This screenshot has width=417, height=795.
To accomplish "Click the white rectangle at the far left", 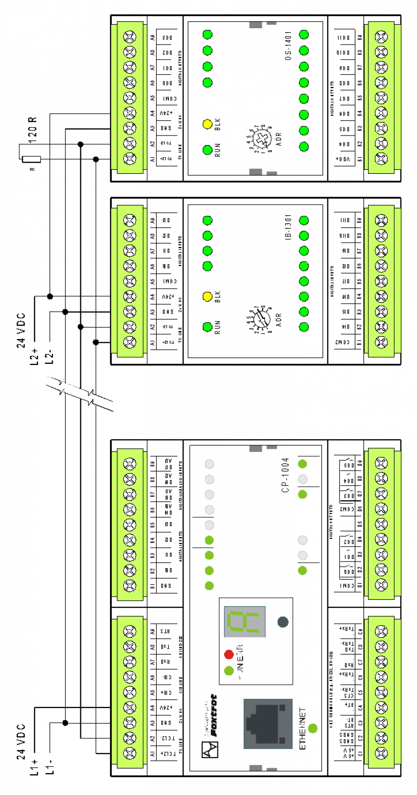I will click(x=31, y=159).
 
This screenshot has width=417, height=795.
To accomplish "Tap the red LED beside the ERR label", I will click(x=229, y=655).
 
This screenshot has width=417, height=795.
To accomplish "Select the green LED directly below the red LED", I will click(x=229, y=671).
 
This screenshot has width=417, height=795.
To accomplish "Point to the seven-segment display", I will click(x=245, y=622).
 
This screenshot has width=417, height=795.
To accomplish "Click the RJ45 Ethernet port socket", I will click(x=268, y=723).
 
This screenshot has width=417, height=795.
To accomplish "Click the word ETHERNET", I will click(x=303, y=728).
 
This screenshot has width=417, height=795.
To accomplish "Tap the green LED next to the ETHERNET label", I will click(x=313, y=728).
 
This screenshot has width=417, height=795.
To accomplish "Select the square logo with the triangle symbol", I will click(x=210, y=750).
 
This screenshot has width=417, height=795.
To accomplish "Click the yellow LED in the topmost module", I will click(x=207, y=124).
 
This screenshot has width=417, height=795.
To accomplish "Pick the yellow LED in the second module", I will click(x=207, y=297).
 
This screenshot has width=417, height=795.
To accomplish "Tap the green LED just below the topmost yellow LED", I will click(x=207, y=150).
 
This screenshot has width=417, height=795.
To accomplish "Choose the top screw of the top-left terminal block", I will click(x=130, y=37).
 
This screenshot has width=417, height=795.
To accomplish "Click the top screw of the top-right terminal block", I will click(x=381, y=37).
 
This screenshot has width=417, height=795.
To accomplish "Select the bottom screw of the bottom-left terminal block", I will click(x=130, y=753).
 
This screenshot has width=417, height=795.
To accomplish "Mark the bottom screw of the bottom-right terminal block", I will click(x=381, y=753).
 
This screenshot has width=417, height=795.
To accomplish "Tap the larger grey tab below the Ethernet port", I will click(x=256, y=768).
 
